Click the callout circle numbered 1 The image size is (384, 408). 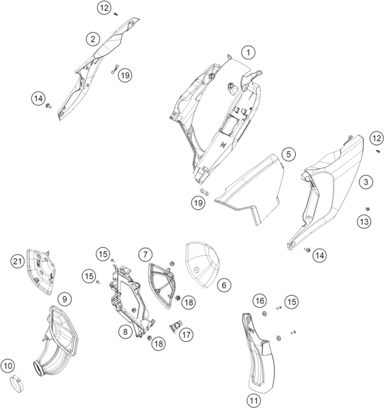point(248,52)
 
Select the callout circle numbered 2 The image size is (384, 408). point(92,40)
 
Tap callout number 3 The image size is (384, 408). point(366,182)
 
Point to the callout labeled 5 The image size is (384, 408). point(288,155)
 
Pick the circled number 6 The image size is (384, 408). point(224,285)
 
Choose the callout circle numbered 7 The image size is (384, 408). point(145,255)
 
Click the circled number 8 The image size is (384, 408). point(126,332)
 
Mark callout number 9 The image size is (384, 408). point(65,299)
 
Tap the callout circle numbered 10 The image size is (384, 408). point(7,366)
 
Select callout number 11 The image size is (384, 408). point(254,400)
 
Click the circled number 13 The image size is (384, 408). point(364,221)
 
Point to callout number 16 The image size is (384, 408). point(260,301)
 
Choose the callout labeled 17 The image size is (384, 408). point(186,334)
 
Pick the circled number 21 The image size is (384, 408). point(18,261)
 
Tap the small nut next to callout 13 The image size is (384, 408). point(368,208)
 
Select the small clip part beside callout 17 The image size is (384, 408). point(175,326)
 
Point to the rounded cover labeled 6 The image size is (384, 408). point(203,264)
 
